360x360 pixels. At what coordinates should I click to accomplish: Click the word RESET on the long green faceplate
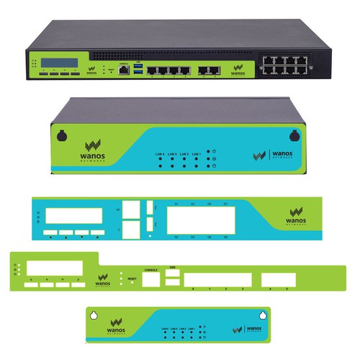tap(132, 277)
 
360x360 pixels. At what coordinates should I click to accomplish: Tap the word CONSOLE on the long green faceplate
tap(151, 270)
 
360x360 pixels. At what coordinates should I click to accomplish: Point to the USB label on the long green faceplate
tap(173, 266)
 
